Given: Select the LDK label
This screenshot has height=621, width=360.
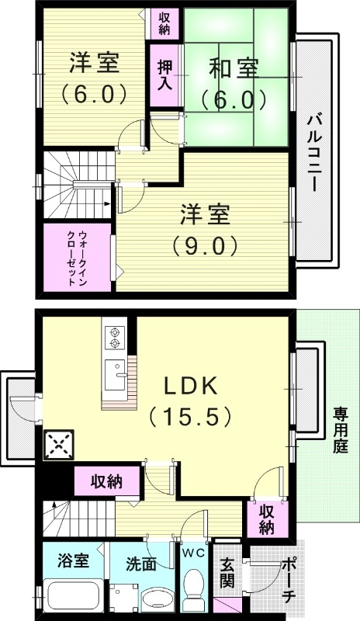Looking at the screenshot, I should point(192,385).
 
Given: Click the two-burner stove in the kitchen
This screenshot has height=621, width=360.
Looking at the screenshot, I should point(116,337).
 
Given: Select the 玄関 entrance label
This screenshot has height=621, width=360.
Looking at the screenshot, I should point(227,573).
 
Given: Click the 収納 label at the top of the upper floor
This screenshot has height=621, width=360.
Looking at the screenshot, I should point(165,23).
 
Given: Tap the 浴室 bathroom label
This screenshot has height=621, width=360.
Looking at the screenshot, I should point(73,560).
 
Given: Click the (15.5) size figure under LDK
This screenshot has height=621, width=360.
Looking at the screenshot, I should point(191,417).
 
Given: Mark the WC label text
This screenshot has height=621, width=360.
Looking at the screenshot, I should point(193,553).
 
